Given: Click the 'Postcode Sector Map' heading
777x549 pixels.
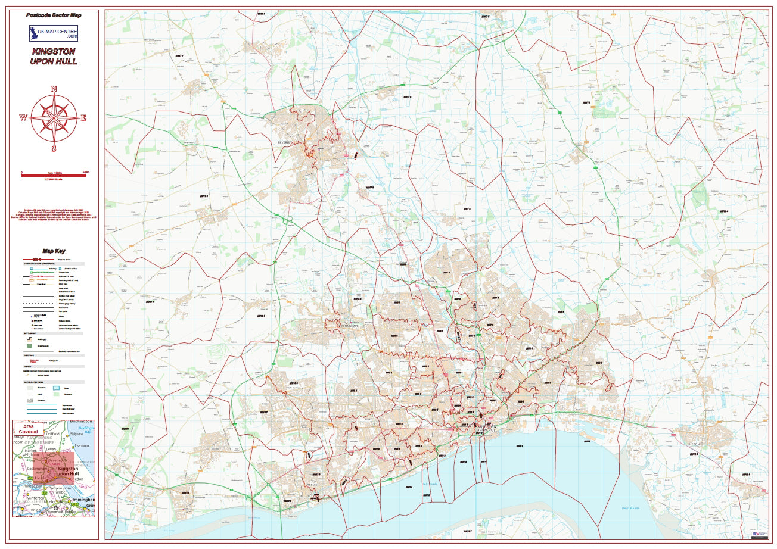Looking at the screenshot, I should point(54,15).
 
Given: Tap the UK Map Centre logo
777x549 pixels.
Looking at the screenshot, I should point(54,33).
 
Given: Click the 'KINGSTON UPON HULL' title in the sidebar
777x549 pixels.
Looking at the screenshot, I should point(54,57).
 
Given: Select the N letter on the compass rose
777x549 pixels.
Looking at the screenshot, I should point(54,89).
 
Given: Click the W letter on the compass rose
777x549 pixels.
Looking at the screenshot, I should point(23,118).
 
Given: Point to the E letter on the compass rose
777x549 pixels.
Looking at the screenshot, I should point(83,118).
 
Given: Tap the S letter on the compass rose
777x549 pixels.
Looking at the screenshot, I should point(54,148).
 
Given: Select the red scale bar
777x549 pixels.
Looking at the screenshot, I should point(54,176).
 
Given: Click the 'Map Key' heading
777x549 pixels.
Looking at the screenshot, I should point(54,251).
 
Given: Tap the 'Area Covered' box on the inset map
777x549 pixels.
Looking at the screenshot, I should point(27,429).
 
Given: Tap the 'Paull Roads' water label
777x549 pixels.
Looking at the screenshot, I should point(630,508).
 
